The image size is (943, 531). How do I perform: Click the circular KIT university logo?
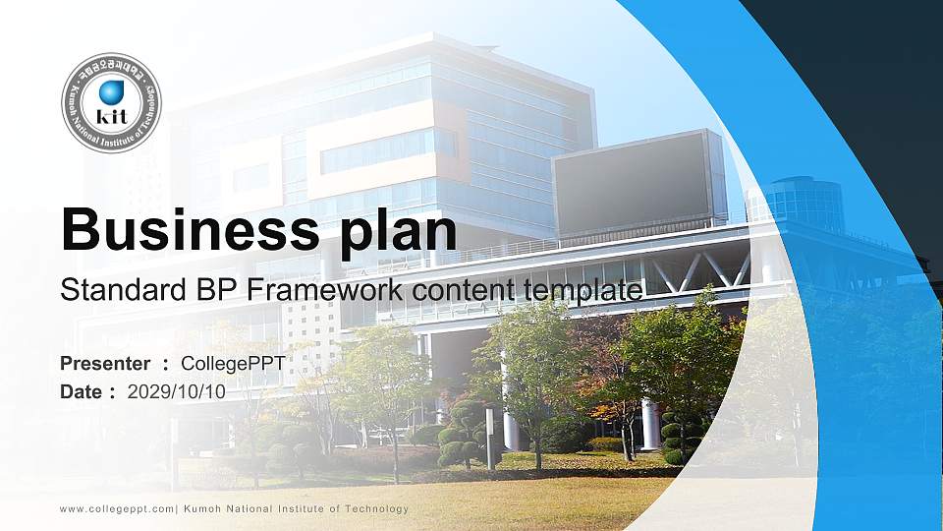pos(111,103)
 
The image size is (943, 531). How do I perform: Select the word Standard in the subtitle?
pos(114,291)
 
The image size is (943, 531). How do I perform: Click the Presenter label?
pos(105,364)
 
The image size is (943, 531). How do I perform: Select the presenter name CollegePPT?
pos(233,364)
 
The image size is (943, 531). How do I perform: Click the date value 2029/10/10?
pos(177,391)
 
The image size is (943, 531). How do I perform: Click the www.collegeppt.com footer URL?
pos(117,508)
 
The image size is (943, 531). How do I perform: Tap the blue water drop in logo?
pos(111,92)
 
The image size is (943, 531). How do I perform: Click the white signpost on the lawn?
pos(490,438)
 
